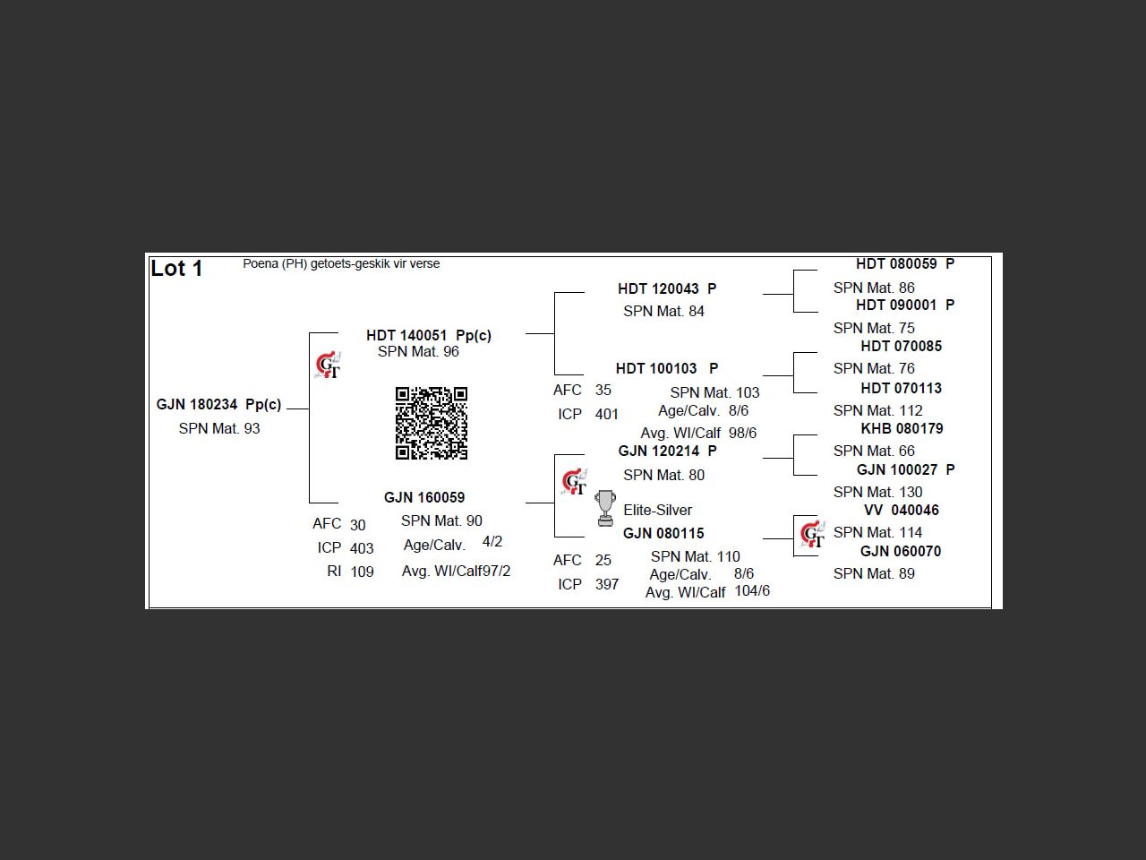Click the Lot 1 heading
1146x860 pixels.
176,268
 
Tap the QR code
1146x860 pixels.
432,423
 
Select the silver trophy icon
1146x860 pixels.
605,508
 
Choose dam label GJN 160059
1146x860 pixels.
424,497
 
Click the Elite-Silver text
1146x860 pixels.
657,510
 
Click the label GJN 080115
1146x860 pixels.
663,533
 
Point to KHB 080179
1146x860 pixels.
902,428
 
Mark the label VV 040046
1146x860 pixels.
902,510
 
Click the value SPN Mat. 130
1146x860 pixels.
877,492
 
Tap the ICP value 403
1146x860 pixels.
362,548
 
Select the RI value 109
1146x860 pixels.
362,572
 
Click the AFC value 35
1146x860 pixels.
603,390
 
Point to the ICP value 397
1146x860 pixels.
607,584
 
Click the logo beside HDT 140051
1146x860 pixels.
329,365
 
